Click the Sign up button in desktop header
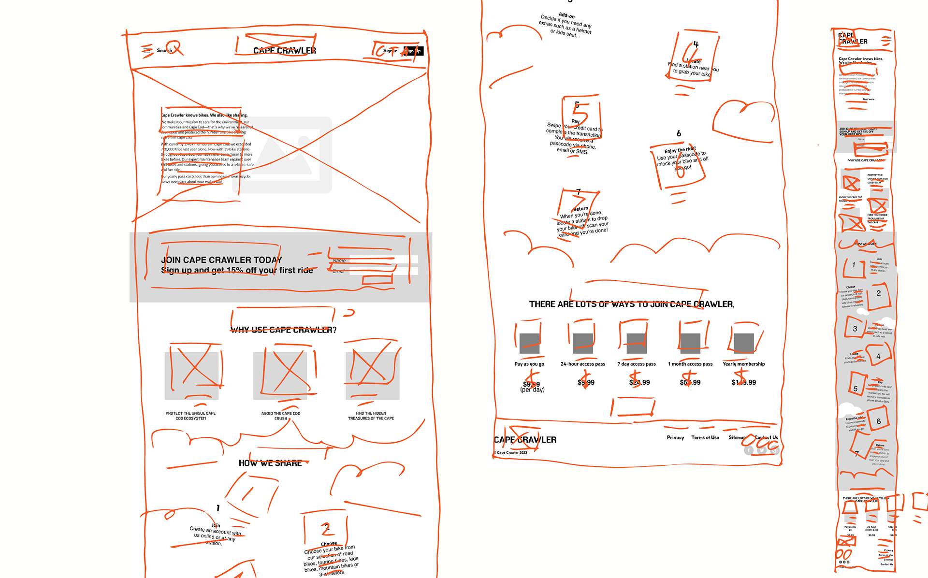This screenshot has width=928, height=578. pos(413,51)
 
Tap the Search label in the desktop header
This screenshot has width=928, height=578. pos(164,50)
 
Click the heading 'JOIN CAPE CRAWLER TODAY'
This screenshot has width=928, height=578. pos(221,260)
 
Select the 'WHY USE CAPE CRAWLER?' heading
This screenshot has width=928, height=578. pos(283,330)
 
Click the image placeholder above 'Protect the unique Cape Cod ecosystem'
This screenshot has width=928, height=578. pos(191,376)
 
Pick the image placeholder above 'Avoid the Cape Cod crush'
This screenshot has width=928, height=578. pos(280,376)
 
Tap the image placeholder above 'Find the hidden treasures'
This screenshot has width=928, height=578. pos(372,376)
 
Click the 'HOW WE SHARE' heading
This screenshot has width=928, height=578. pos(270,463)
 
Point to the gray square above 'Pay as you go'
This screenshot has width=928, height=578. pos(529,343)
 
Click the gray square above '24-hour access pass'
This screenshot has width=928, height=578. pos(583,343)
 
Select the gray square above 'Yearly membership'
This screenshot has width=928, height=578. pos(744,343)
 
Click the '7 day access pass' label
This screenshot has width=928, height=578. pos(637,364)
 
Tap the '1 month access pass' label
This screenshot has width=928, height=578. pos(690,364)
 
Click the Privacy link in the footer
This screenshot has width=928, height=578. pos(675,437)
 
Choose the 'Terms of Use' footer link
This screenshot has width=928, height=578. pos(705,437)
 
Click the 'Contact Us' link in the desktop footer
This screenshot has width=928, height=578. pos(767,437)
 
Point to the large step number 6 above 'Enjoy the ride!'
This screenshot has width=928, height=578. pos(679,133)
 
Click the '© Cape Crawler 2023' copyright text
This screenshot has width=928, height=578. pos(511,453)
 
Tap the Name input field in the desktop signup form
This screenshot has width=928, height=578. pos(383,260)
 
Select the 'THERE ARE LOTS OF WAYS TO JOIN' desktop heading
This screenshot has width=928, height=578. pos(632,304)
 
